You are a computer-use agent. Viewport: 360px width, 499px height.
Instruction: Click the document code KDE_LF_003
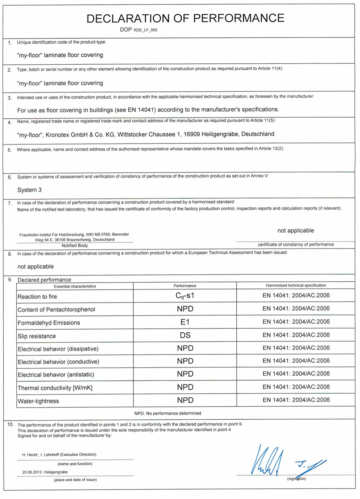(145, 30)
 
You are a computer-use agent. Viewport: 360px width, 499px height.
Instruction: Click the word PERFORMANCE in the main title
(239, 18)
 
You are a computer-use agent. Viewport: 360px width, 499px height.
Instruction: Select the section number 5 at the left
(9, 150)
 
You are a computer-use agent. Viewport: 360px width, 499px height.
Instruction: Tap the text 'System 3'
(29, 190)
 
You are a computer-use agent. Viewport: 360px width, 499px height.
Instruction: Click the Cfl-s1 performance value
(185, 296)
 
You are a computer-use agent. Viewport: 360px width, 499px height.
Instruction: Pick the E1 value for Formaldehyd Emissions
(185, 322)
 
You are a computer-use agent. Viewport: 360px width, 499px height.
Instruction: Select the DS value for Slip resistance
(185, 335)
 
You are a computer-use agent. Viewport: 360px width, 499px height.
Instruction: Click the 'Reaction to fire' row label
(37, 297)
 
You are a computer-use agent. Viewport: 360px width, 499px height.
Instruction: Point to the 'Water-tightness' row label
(38, 401)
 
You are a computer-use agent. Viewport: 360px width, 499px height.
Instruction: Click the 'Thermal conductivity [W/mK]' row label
(55, 388)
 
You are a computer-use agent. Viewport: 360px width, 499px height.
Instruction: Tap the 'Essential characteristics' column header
(75, 286)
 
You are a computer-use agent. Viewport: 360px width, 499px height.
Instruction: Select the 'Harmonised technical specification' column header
(296, 285)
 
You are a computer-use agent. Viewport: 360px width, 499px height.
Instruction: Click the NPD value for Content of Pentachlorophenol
(185, 309)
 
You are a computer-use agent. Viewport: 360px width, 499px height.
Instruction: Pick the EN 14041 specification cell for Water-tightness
(296, 400)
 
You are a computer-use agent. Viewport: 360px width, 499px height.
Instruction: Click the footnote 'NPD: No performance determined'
(168, 413)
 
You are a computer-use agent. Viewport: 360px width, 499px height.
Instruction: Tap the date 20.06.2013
(32, 472)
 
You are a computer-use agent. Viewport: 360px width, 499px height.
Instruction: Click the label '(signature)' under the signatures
(296, 479)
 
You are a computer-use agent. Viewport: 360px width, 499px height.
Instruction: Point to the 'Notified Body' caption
(75, 245)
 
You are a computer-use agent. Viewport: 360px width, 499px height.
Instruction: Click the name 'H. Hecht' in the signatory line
(30, 455)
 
